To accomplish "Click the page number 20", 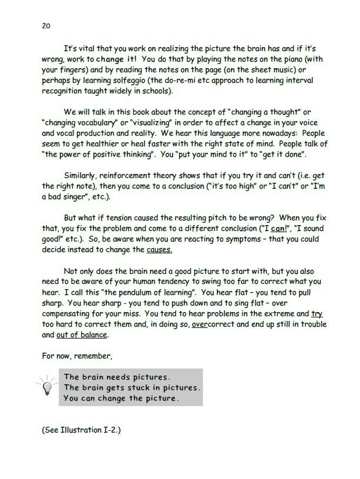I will (x=45, y=25).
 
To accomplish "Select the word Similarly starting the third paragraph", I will (x=82, y=194).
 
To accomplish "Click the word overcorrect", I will (x=213, y=325).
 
